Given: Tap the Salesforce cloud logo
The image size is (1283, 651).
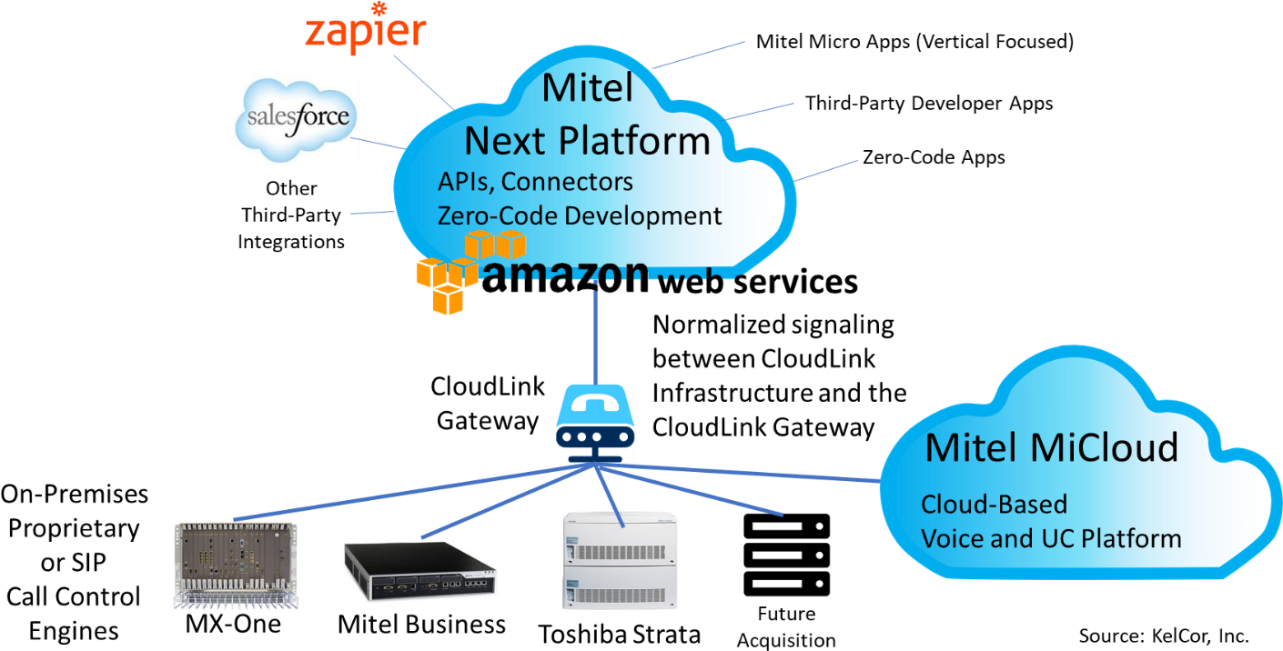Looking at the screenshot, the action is point(296,119).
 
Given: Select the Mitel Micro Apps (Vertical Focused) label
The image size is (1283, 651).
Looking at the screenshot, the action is point(914,42).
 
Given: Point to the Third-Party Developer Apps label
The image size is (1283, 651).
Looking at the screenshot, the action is point(929,103).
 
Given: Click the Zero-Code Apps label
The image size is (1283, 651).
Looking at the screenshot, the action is point(934,157).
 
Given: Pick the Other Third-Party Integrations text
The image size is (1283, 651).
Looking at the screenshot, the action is point(291,215).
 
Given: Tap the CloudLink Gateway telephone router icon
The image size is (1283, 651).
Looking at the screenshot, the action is point(595,423).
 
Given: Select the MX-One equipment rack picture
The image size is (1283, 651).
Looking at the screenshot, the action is point(236,565).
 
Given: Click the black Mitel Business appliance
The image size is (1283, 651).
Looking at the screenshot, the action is point(420,570).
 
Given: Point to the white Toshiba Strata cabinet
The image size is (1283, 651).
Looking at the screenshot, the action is point(619,561).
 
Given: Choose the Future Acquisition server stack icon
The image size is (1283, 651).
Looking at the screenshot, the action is point(786,555).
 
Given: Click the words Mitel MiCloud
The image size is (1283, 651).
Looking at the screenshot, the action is point(1052,447).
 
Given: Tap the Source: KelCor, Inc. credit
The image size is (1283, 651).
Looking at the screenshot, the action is point(1163,636).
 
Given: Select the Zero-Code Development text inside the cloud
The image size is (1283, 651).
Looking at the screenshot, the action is point(579,215).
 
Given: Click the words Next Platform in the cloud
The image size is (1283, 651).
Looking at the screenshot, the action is point(587,141).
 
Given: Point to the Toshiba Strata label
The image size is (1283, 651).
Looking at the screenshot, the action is point(619,635).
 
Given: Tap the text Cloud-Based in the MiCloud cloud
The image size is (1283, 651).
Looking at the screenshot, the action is point(994,505).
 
